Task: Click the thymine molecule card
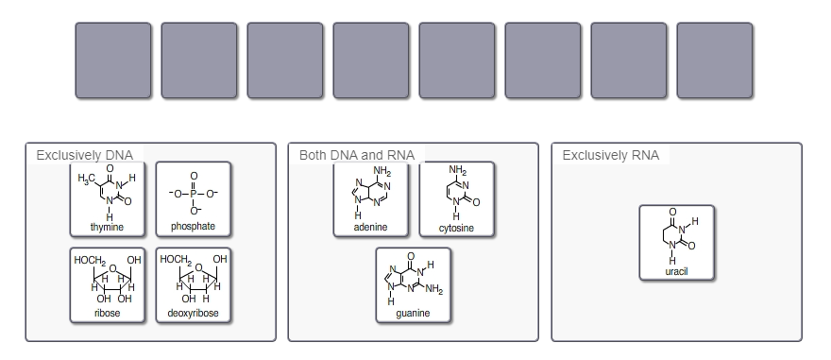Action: pos(107,198)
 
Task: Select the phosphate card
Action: pos(193,198)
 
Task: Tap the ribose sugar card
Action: pos(107,283)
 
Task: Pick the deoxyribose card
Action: pos(193,283)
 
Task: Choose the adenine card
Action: pos(370,198)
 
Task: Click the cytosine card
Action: pos(456,198)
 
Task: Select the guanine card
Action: pos(413,283)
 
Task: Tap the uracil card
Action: pos(676,241)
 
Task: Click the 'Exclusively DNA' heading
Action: pos(84,155)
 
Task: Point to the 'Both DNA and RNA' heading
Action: pos(356,155)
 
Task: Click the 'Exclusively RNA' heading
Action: pos(610,155)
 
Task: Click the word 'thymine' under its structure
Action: pos(107,227)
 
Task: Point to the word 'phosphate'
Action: pos(193,227)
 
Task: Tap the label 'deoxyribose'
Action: pos(193,313)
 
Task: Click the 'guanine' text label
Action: pos(413,313)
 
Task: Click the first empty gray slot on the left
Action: pos(112,60)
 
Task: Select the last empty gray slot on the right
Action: pos(714,60)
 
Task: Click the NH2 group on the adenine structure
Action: pos(382,171)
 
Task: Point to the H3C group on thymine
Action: pos(86,180)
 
